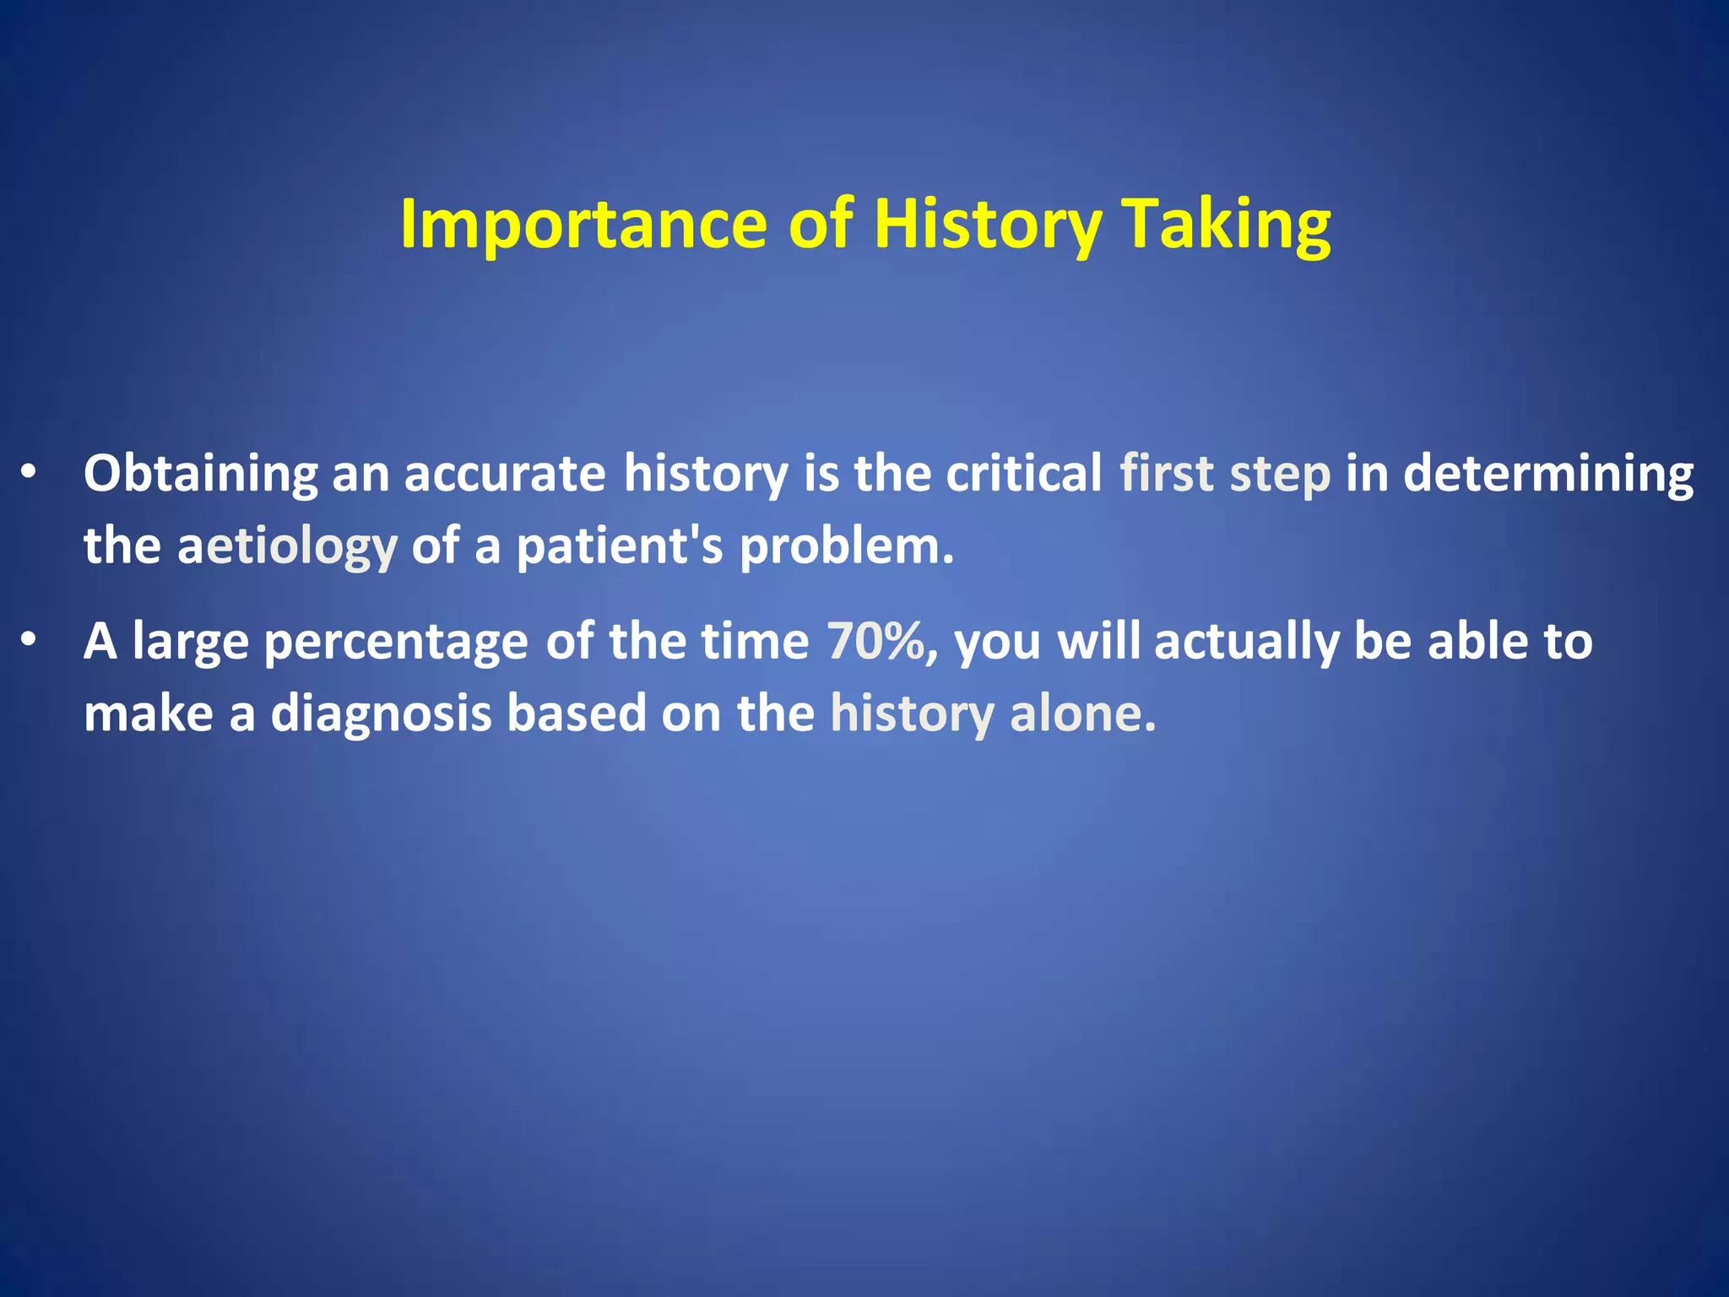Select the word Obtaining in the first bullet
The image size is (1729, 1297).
point(200,474)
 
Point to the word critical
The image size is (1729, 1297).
point(1023,474)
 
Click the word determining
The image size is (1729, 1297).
point(1547,474)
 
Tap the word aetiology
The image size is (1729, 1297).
point(287,546)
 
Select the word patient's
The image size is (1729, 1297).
point(620,546)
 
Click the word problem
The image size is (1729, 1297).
point(846,546)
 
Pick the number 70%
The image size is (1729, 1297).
point(876,642)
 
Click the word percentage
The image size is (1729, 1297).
point(396,642)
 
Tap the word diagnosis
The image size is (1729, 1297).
point(381,714)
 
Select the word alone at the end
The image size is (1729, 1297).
point(1081,714)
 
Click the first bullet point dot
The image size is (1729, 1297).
point(30,473)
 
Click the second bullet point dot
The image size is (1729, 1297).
point(30,642)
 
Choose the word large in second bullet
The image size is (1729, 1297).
point(190,642)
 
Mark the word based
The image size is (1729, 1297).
point(576,714)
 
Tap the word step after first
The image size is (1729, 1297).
point(1280,474)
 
